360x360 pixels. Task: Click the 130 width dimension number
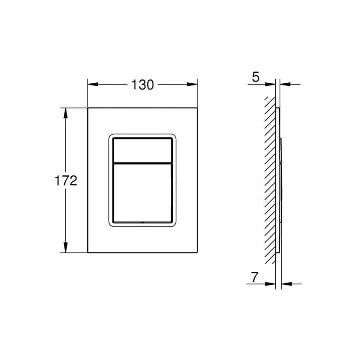(142, 85)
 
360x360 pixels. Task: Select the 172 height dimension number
(66, 181)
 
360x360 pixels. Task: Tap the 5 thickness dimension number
(256, 77)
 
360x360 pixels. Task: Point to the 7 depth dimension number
(255, 277)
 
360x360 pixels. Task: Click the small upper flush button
(142, 150)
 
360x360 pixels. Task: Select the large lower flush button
(142, 193)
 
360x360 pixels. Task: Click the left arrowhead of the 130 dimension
(93, 84)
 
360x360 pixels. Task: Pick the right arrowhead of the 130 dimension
(192, 84)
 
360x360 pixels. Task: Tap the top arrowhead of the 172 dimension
(66, 113)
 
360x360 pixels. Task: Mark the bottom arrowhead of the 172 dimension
(66, 247)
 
